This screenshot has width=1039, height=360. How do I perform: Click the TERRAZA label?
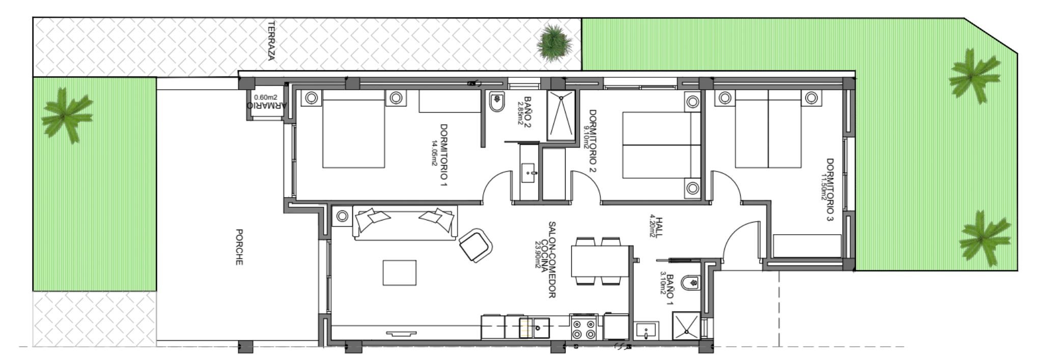click(x=271, y=41)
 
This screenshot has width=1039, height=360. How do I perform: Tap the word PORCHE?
click(x=239, y=247)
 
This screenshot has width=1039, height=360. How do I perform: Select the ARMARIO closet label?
click(x=267, y=106)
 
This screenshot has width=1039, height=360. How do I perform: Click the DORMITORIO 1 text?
click(x=444, y=155)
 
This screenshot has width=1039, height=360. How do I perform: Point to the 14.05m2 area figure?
click(x=434, y=153)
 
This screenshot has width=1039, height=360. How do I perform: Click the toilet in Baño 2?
click(x=495, y=103)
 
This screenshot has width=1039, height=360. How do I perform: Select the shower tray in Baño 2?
click(x=561, y=116)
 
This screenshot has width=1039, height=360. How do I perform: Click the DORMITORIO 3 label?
click(x=830, y=189)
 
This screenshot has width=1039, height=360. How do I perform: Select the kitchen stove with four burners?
click(x=583, y=327)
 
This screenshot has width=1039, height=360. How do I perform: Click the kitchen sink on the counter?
click(x=535, y=328)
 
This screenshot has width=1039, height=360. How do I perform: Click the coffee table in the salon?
click(x=400, y=272)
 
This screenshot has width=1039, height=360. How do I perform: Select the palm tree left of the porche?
click(x=67, y=115)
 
